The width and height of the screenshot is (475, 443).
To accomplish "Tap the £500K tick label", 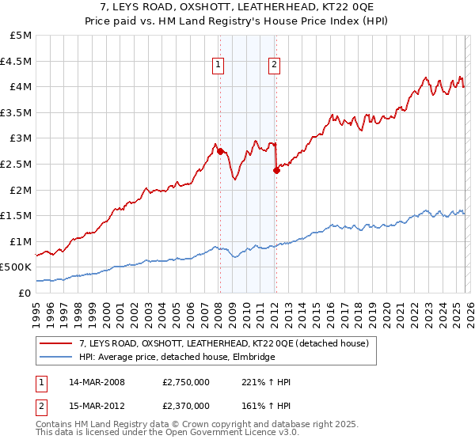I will point(16,267).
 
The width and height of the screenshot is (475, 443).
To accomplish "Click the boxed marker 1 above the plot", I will point(218,66).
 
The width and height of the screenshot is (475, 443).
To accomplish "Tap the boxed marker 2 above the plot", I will point(274,66).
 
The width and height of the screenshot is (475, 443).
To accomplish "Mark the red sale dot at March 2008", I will point(220,150).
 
